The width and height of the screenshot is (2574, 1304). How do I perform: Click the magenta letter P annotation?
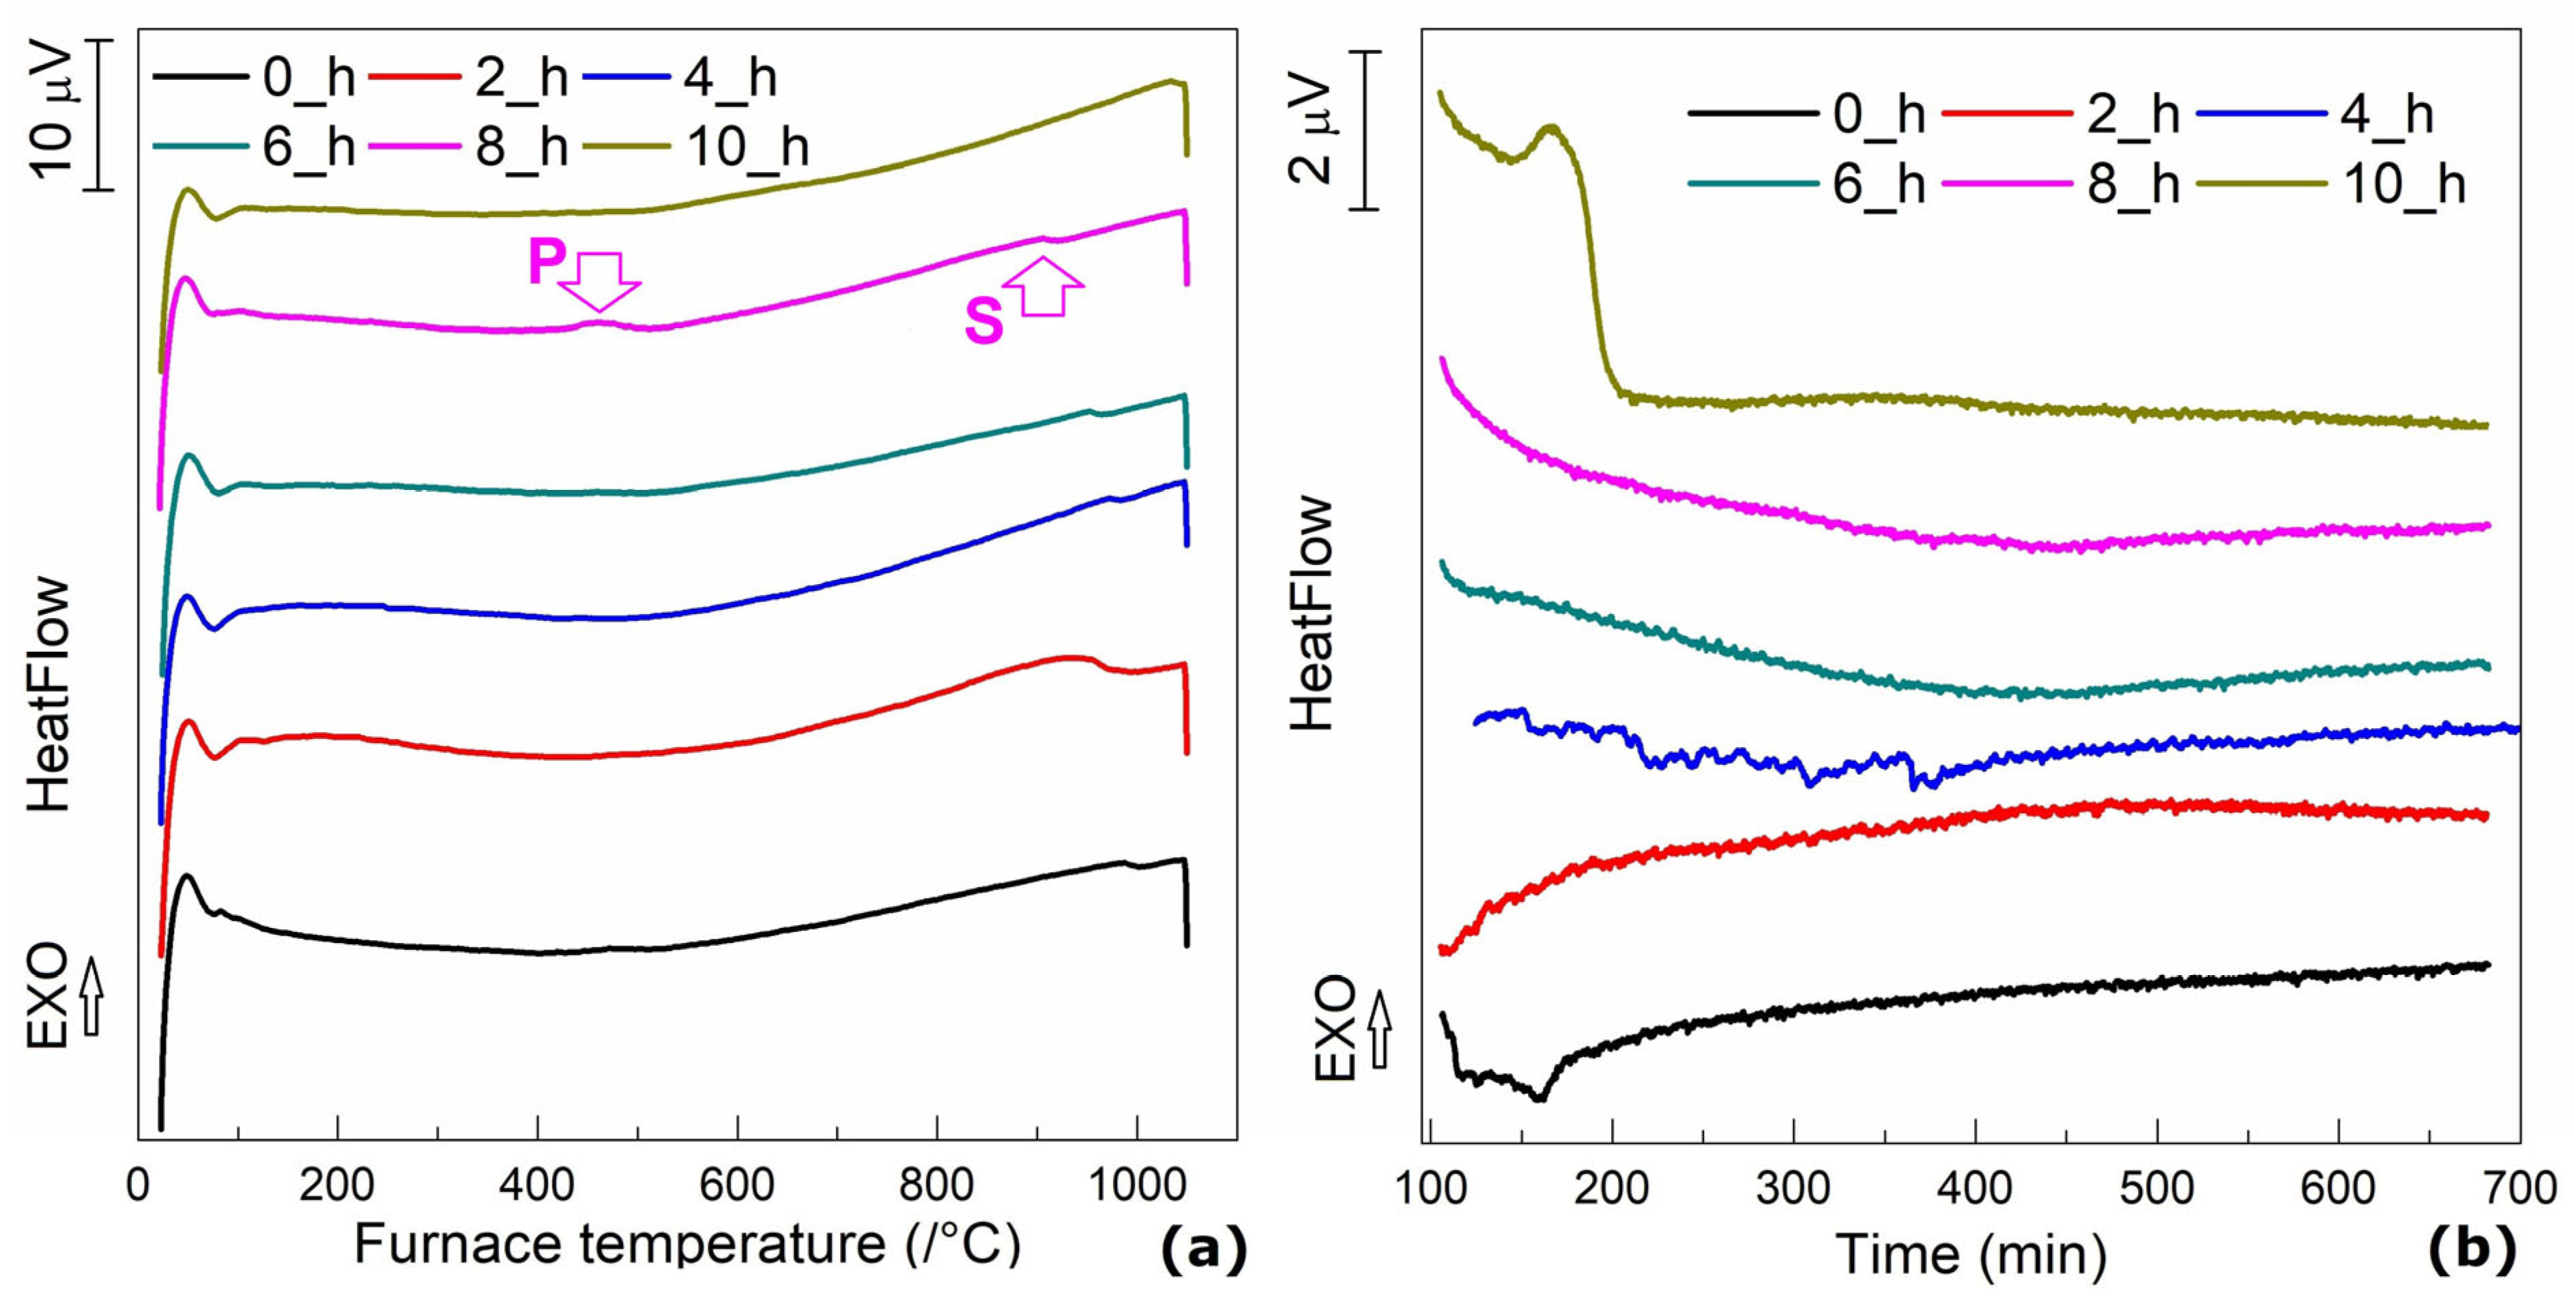pyautogui.click(x=546, y=262)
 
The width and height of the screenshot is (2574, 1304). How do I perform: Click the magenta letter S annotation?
pyautogui.click(x=983, y=322)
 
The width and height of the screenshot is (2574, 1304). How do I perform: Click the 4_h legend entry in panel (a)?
pyautogui.click(x=680, y=78)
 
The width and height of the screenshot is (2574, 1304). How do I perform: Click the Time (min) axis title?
pyautogui.click(x=1971, y=1254)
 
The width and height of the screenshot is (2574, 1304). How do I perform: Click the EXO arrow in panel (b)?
pyautogui.click(x=1380, y=1029)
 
